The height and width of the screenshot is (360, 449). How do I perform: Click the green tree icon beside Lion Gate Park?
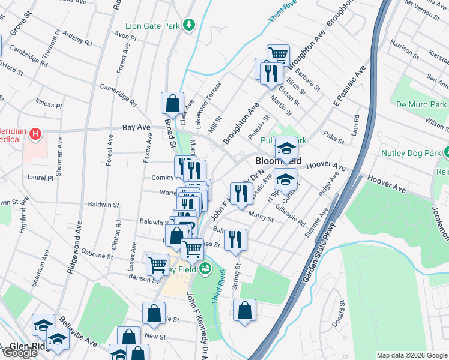(190, 25)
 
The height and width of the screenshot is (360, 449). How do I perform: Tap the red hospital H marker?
(35, 133)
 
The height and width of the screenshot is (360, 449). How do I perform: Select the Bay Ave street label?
(136, 127)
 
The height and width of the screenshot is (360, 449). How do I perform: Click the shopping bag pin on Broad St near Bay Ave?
(172, 103)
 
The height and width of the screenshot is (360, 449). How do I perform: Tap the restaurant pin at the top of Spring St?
(235, 239)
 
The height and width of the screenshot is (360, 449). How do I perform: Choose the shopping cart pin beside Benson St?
(157, 264)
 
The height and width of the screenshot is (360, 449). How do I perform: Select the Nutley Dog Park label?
(411, 153)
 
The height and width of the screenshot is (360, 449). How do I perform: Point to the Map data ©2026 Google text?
(411, 355)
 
